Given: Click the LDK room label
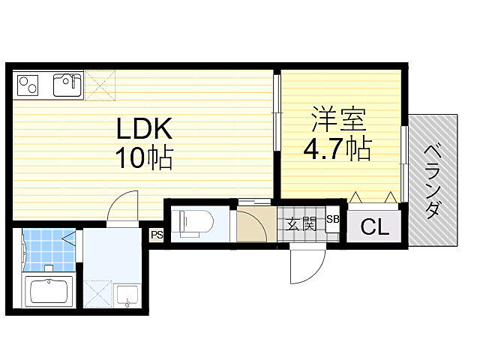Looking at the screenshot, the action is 144,128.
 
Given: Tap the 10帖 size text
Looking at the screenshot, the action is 144,158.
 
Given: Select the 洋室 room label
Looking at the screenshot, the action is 339,119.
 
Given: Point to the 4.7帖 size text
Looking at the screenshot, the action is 337,148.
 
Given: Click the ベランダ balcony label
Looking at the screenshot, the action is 433,181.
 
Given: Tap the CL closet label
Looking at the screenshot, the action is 375,226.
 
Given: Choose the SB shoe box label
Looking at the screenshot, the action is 333,219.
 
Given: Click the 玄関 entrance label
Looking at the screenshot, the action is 301,224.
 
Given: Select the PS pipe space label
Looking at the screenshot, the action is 157,235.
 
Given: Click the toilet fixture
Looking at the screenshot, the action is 192,223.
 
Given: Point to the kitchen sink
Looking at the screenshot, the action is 68,85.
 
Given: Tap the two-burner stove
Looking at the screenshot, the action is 28,85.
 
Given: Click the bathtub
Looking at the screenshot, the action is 49,291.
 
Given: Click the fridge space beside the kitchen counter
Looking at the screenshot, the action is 100,85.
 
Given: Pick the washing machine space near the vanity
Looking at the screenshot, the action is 98,294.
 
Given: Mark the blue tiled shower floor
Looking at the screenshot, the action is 49,250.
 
